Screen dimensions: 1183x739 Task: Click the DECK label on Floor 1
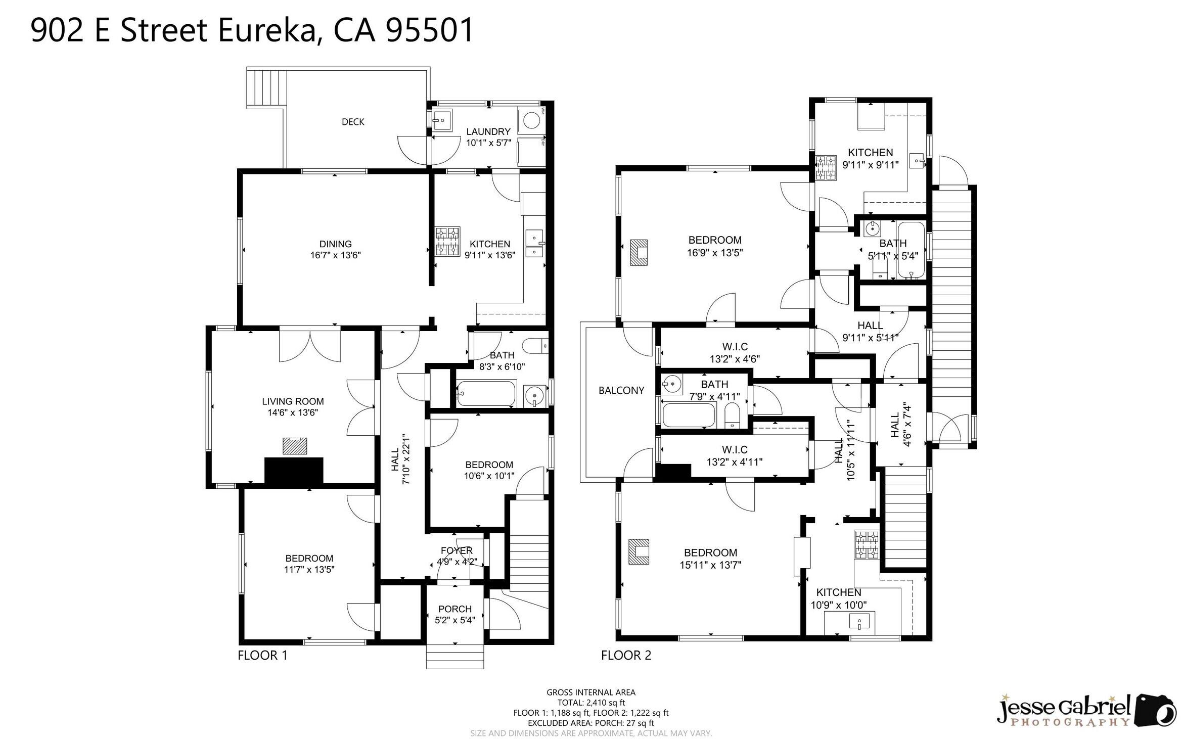(353, 122)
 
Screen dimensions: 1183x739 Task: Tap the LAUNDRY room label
(488, 132)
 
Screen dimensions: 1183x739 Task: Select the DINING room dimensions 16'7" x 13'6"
(336, 255)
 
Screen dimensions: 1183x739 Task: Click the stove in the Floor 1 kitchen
(448, 241)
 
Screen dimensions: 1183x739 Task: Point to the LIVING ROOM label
(293, 401)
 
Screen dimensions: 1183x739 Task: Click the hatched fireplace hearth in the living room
(295, 446)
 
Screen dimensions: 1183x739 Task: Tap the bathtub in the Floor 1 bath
(486, 394)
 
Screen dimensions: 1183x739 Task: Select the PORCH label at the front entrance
(455, 609)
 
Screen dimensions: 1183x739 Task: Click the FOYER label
(457, 550)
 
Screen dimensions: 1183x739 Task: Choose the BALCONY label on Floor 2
(621, 390)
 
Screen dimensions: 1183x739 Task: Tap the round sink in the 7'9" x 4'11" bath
(672, 384)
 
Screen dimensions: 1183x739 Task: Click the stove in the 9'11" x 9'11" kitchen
(826, 168)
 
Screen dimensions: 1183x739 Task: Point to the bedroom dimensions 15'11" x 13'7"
(710, 565)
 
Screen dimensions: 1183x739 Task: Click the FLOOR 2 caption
(626, 656)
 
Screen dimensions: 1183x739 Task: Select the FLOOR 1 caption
(262, 656)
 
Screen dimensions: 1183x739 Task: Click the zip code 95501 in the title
(429, 30)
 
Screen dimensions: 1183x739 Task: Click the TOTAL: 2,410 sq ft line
(591, 703)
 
